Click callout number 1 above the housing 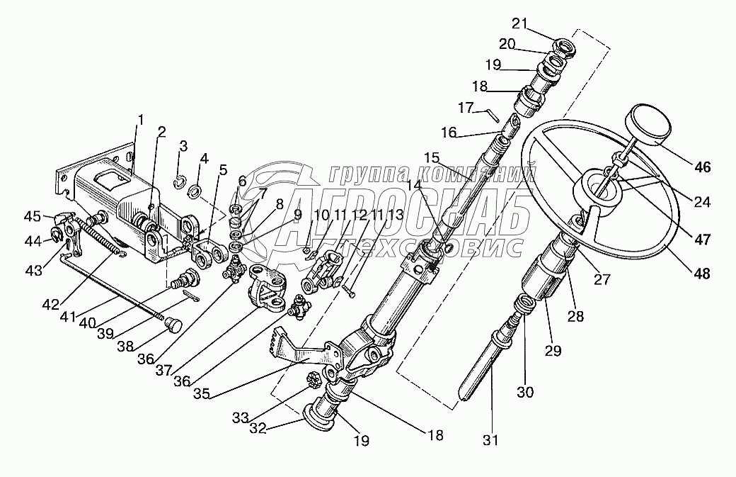click(x=140, y=120)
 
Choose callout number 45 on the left click(x=33, y=216)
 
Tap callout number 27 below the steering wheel click(x=602, y=279)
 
